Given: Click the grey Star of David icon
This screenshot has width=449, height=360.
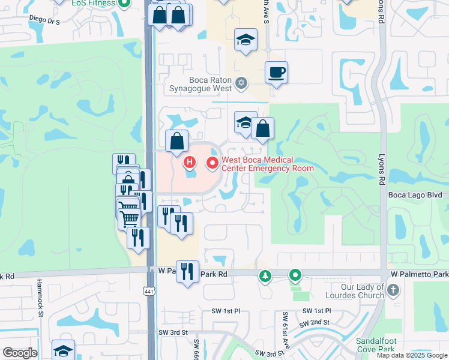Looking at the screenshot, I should pos(241,83).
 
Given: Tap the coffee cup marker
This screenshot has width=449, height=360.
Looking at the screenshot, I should pos(276,73).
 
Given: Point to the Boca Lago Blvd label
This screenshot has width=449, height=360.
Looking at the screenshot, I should pos(415,194).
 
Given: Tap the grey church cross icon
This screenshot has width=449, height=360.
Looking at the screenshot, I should pos(393,290).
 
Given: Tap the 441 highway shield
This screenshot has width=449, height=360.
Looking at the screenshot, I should pos(148,291).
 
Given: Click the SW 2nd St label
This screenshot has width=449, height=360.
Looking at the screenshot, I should pos(315,322).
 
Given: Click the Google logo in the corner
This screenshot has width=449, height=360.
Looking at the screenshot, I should pos(20,353).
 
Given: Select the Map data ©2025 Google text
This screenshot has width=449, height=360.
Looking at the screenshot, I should pos(412,355).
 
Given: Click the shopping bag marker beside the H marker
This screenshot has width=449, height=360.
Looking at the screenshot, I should pos(176,142).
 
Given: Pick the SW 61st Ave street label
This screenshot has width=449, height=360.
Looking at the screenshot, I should pos(286,327).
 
